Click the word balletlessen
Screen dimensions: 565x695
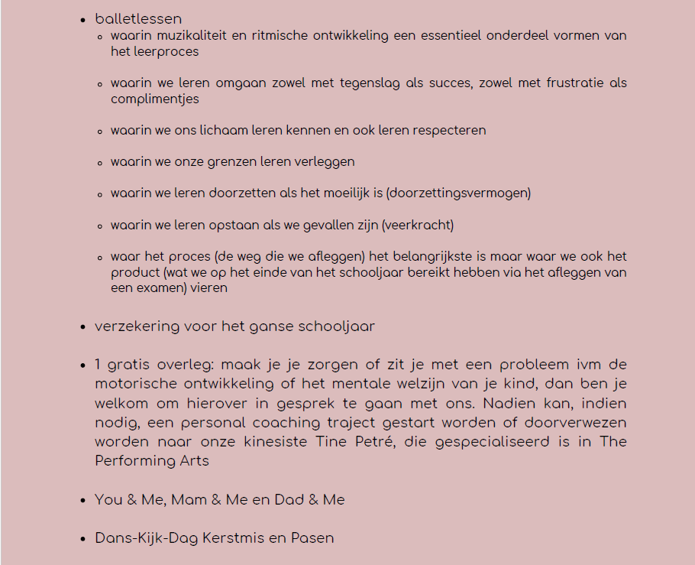[x=138, y=19]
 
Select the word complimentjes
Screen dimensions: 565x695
[x=154, y=99]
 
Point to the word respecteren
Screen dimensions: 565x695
[x=449, y=131]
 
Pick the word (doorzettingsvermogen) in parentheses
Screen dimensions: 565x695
[x=458, y=193]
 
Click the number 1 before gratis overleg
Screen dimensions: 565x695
[x=99, y=365]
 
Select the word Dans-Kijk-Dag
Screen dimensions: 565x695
[x=147, y=538]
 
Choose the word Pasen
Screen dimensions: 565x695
[x=312, y=538]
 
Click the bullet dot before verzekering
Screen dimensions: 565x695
[x=82, y=327]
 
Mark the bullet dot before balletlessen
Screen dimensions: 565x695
[x=82, y=19]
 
